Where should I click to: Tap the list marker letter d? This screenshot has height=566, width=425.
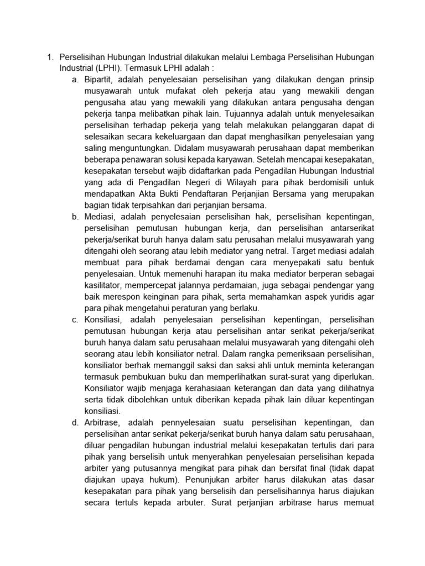coord(75,422)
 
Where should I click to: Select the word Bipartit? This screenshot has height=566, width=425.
coord(99,80)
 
